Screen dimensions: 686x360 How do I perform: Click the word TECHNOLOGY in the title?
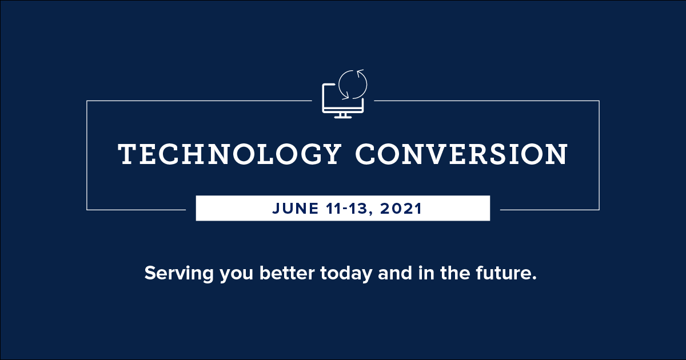pyautogui.click(x=229, y=154)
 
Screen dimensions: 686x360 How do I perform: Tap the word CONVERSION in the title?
pyautogui.click(x=461, y=154)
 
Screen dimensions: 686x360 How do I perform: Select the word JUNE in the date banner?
pyautogui.click(x=295, y=209)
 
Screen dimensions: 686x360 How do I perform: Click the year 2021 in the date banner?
pyautogui.click(x=401, y=209)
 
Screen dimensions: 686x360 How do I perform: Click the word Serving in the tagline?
pyautogui.click(x=179, y=273)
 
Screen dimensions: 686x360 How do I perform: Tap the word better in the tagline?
pyautogui.click(x=287, y=273)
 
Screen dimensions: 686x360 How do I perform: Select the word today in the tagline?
pyautogui.click(x=346, y=273)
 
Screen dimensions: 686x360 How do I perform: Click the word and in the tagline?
pyautogui.click(x=395, y=273)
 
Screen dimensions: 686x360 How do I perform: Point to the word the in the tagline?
pyautogui.click(x=455, y=273)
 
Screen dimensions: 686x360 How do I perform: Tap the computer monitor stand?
pyautogui.click(x=343, y=115)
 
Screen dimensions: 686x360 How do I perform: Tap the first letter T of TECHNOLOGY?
pyautogui.click(x=127, y=154)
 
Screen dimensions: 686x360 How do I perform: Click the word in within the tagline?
pyautogui.click(x=426, y=273)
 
